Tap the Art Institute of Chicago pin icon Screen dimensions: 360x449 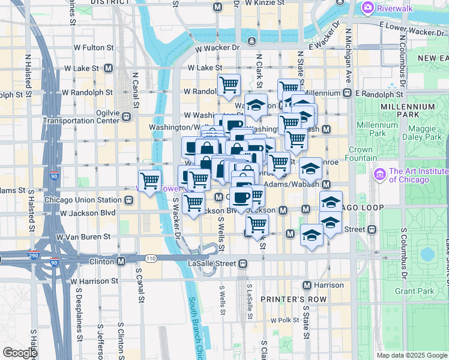379,175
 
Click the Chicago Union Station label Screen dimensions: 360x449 84,200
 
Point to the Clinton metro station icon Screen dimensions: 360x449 121,262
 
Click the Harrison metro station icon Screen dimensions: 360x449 307,285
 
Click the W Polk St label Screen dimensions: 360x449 285,320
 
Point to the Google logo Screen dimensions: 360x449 19,353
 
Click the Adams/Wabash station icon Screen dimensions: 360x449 327,185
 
